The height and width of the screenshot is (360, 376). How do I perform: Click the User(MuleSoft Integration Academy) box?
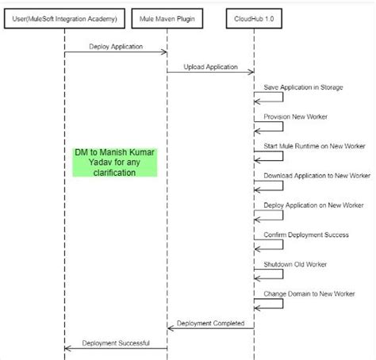click(64, 17)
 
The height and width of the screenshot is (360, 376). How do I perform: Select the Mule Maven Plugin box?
click(167, 17)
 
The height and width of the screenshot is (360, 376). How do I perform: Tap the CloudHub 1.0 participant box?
click(254, 17)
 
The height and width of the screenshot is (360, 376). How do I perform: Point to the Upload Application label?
click(211, 67)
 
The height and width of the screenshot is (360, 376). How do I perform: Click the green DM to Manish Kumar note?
click(116, 161)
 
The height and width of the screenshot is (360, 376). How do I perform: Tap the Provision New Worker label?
click(295, 117)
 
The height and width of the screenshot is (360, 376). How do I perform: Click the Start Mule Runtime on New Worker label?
click(314, 146)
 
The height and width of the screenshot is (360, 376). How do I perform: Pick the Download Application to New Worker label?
click(317, 175)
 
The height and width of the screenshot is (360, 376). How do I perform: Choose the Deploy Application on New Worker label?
click(315, 205)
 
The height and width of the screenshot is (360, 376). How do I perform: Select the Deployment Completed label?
click(211, 323)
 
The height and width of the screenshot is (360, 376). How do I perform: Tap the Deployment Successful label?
click(116, 342)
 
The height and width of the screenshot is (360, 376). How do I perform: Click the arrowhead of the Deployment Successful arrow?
click(67, 348)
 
